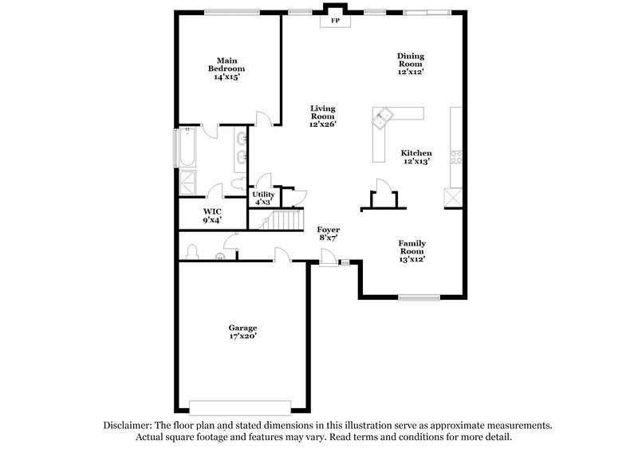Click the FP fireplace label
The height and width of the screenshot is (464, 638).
(x=336, y=21)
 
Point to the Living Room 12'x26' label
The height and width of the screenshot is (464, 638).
(x=323, y=116)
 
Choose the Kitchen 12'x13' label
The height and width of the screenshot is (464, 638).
(x=416, y=157)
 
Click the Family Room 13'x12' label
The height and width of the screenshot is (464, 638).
(x=412, y=251)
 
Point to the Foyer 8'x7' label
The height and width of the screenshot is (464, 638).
(x=329, y=233)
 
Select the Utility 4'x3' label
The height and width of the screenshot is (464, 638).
(x=263, y=199)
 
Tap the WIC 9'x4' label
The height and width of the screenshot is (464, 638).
(x=211, y=215)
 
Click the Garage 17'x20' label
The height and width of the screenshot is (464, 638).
(x=242, y=332)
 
